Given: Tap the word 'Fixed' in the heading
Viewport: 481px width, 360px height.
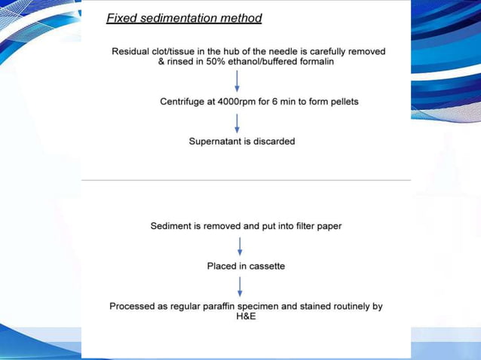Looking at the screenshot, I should (x=121, y=18).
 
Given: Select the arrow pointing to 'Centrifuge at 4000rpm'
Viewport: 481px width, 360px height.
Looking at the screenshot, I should (x=238, y=81).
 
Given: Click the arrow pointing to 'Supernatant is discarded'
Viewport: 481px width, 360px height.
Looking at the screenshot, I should (x=238, y=121).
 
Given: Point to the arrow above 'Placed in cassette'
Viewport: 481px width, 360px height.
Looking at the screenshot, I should (x=240, y=246).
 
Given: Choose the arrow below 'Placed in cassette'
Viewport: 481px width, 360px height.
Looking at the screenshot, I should (x=240, y=286).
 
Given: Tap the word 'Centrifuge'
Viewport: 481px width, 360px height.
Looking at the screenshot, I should (x=184, y=101).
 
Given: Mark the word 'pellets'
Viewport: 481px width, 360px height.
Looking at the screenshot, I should (x=342, y=101).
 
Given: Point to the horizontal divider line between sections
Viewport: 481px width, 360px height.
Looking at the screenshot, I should (x=246, y=180).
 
